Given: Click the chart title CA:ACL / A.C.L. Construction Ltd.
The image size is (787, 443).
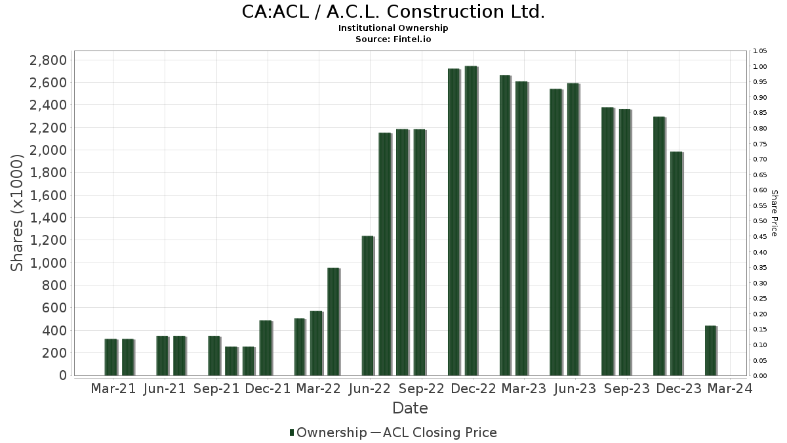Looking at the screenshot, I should pyautogui.click(x=393, y=12).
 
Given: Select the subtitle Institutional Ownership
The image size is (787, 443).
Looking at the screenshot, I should pyautogui.click(x=393, y=28).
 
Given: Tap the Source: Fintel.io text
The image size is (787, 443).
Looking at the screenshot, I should pyautogui.click(x=393, y=39).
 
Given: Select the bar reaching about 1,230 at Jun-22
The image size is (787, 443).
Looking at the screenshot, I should pyautogui.click(x=368, y=305).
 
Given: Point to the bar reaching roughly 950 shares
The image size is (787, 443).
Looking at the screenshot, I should pyautogui.click(x=333, y=322).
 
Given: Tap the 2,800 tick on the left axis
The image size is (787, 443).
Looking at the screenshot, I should pyautogui.click(x=49, y=60).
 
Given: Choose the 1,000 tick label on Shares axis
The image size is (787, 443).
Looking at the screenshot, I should pyautogui.click(x=49, y=263).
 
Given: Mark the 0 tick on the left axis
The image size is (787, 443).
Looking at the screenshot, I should pyautogui.click(x=63, y=375).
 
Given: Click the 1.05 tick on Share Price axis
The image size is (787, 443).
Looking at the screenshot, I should pyautogui.click(x=760, y=51).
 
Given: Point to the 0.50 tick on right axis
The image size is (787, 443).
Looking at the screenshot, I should pyautogui.click(x=760, y=221).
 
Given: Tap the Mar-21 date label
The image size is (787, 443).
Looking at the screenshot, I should pyautogui.click(x=113, y=389).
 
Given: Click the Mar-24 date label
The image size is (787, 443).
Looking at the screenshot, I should pyautogui.click(x=730, y=389).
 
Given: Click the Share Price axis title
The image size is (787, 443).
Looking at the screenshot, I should pyautogui.click(x=775, y=213).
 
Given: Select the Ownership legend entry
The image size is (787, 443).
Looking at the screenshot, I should pyautogui.click(x=328, y=432).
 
